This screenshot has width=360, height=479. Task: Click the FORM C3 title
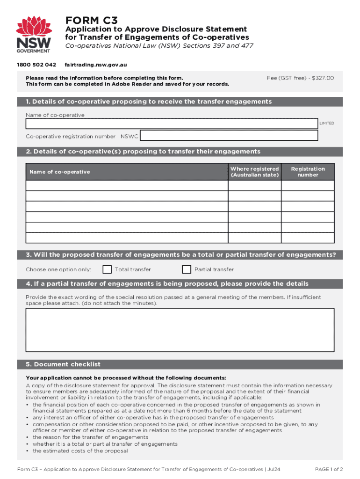click(x=91, y=20)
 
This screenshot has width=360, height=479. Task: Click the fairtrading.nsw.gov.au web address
click(x=96, y=65)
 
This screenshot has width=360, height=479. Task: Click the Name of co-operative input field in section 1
click(x=172, y=123)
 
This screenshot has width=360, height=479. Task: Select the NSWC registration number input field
click(x=229, y=136)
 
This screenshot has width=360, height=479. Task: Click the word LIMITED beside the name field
click(x=326, y=123)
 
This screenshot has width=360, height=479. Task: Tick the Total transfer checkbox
click(x=107, y=269)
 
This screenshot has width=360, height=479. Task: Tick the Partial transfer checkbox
click(x=187, y=269)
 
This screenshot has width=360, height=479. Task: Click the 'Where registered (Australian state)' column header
click(x=254, y=172)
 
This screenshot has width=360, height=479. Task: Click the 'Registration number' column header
click(x=308, y=172)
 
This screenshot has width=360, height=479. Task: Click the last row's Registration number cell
click(x=308, y=237)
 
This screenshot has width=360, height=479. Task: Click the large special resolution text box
click(x=180, y=329)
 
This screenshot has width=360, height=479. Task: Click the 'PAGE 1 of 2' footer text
click(x=329, y=469)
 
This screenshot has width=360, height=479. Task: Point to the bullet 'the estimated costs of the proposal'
click(x=80, y=451)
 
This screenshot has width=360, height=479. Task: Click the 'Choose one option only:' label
click(x=58, y=269)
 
